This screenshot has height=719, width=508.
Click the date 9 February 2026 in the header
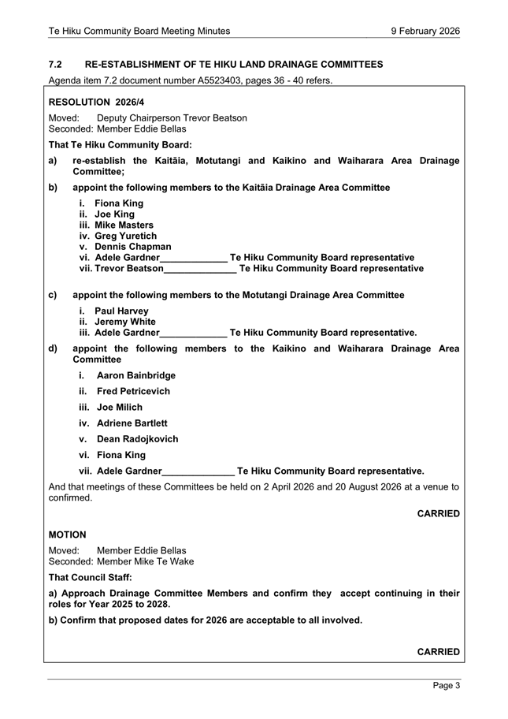tap(425, 31)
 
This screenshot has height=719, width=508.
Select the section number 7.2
tap(55, 64)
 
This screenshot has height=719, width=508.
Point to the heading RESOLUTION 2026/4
tap(97, 102)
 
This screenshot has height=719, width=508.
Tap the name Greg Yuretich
tap(126, 236)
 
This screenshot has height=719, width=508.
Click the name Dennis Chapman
tap(133, 247)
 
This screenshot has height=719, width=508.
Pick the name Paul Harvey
tap(121, 311)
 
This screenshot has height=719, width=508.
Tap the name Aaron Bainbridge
tap(136, 375)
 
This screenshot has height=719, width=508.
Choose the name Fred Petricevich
tap(133, 391)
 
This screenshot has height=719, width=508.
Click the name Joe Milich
tap(120, 408)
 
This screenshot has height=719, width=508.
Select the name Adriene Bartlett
tap(132, 423)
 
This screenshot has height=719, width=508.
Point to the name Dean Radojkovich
tap(138, 439)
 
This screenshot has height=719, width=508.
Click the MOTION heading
tap(68, 535)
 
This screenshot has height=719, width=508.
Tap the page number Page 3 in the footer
tap(447, 686)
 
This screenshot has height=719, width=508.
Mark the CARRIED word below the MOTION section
tap(438, 652)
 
